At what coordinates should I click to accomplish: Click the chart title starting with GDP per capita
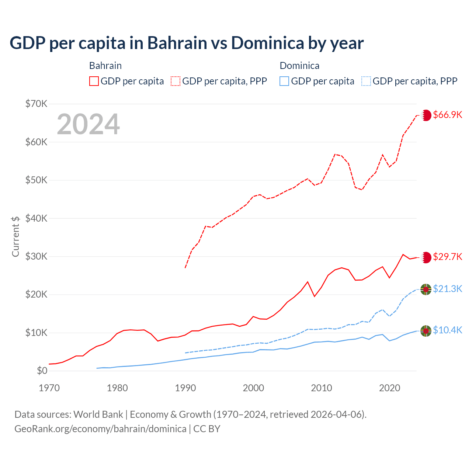[187, 43]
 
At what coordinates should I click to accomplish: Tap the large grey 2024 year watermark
[88, 124]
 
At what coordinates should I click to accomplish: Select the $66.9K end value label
[447, 115]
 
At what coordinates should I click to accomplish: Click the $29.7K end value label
[447, 257]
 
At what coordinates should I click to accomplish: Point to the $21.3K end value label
[447, 289]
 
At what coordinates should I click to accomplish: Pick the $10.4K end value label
[447, 330]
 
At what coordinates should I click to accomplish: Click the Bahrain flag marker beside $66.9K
[426, 115]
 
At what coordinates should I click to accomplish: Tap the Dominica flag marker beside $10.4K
[426, 331]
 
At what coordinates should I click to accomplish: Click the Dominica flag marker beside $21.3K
[426, 289]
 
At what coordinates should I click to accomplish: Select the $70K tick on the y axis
[36, 104]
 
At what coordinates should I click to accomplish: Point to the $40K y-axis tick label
[36, 218]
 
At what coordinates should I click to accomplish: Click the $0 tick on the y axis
[42, 371]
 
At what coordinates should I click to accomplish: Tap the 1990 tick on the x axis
[185, 388]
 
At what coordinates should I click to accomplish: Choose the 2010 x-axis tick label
[322, 388]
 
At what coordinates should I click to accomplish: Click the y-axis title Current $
[15, 236]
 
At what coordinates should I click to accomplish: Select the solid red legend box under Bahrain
[94, 81]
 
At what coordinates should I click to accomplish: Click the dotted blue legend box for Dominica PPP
[366, 81]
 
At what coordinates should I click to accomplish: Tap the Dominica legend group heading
[299, 66]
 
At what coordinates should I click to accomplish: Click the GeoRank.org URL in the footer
[100, 429]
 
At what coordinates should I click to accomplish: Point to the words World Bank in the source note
[98, 414]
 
